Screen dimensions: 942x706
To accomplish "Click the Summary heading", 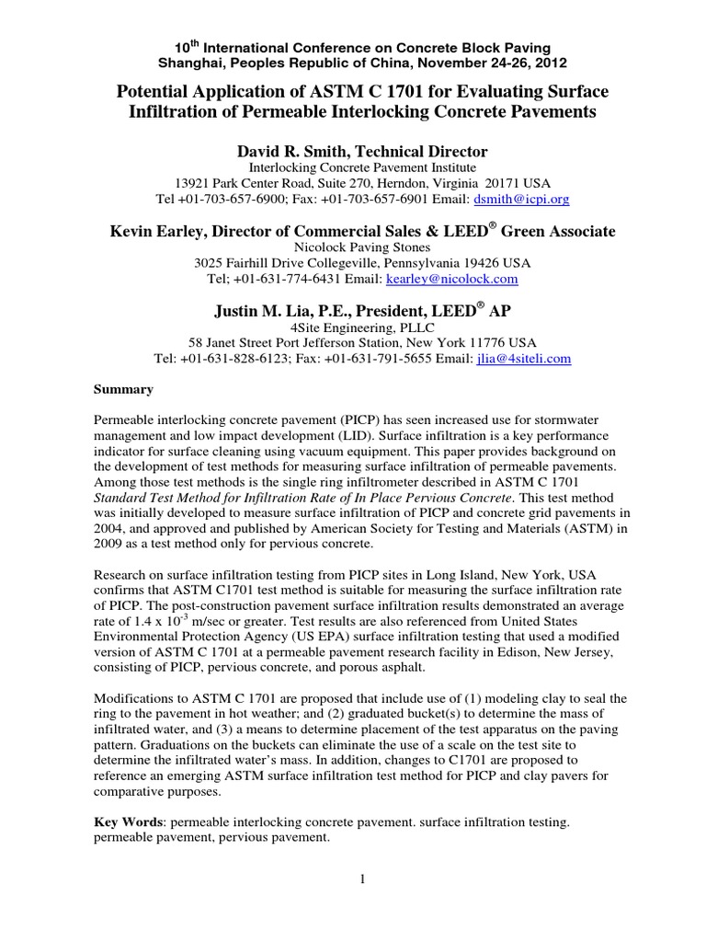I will pyautogui.click(x=123, y=389).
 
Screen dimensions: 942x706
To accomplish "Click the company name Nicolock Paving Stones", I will pyautogui.click(x=353, y=247).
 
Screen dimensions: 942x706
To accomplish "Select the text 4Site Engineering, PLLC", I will pyautogui.click(x=353, y=327).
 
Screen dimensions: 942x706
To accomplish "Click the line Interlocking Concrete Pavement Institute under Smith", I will pyautogui.click(x=353, y=167).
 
